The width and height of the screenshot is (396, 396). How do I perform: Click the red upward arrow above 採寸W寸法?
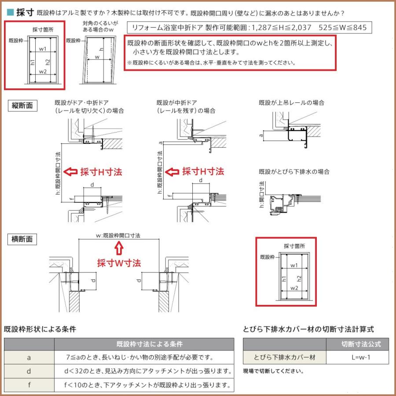tap(118, 249)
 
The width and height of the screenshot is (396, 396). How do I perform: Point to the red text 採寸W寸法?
tap(119, 263)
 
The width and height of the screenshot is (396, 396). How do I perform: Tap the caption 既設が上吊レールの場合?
tap(291, 103)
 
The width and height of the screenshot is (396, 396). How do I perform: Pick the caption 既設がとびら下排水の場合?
tap(294, 172)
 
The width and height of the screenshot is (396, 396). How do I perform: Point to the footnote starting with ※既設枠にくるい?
tap(211, 62)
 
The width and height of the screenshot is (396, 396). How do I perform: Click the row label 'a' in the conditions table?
tap(29, 357)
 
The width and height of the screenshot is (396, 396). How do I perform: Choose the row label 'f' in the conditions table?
tap(29, 385)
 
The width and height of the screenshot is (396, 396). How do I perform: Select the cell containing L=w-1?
tap(361, 357)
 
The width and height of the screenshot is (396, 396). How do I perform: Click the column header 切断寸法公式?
tap(361, 344)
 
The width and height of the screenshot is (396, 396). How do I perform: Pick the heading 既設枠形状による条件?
tap(40, 329)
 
